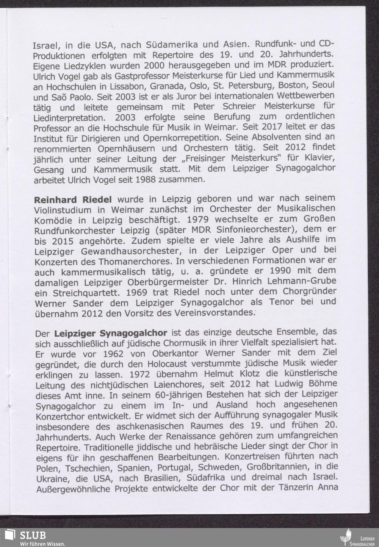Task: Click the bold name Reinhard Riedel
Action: (x=73, y=199)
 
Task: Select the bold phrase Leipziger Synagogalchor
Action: (x=111, y=333)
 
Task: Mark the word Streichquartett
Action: (x=90, y=293)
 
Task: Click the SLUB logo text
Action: (x=33, y=535)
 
